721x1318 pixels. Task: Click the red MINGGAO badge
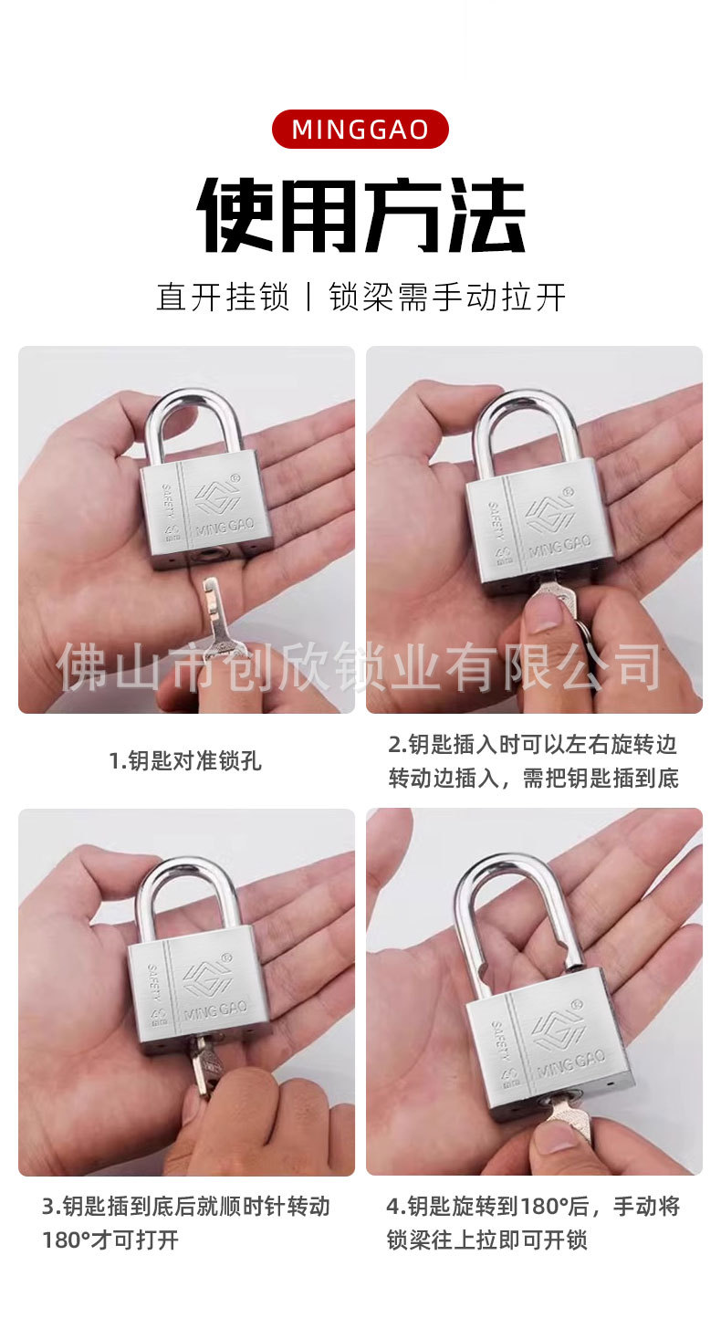[360, 129]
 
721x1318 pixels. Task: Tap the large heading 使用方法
[360, 215]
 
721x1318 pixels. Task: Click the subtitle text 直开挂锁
[223, 298]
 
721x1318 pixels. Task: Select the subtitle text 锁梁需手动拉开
[447, 298]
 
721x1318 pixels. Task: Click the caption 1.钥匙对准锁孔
[185, 760]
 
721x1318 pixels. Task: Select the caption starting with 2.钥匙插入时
[533, 760]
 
